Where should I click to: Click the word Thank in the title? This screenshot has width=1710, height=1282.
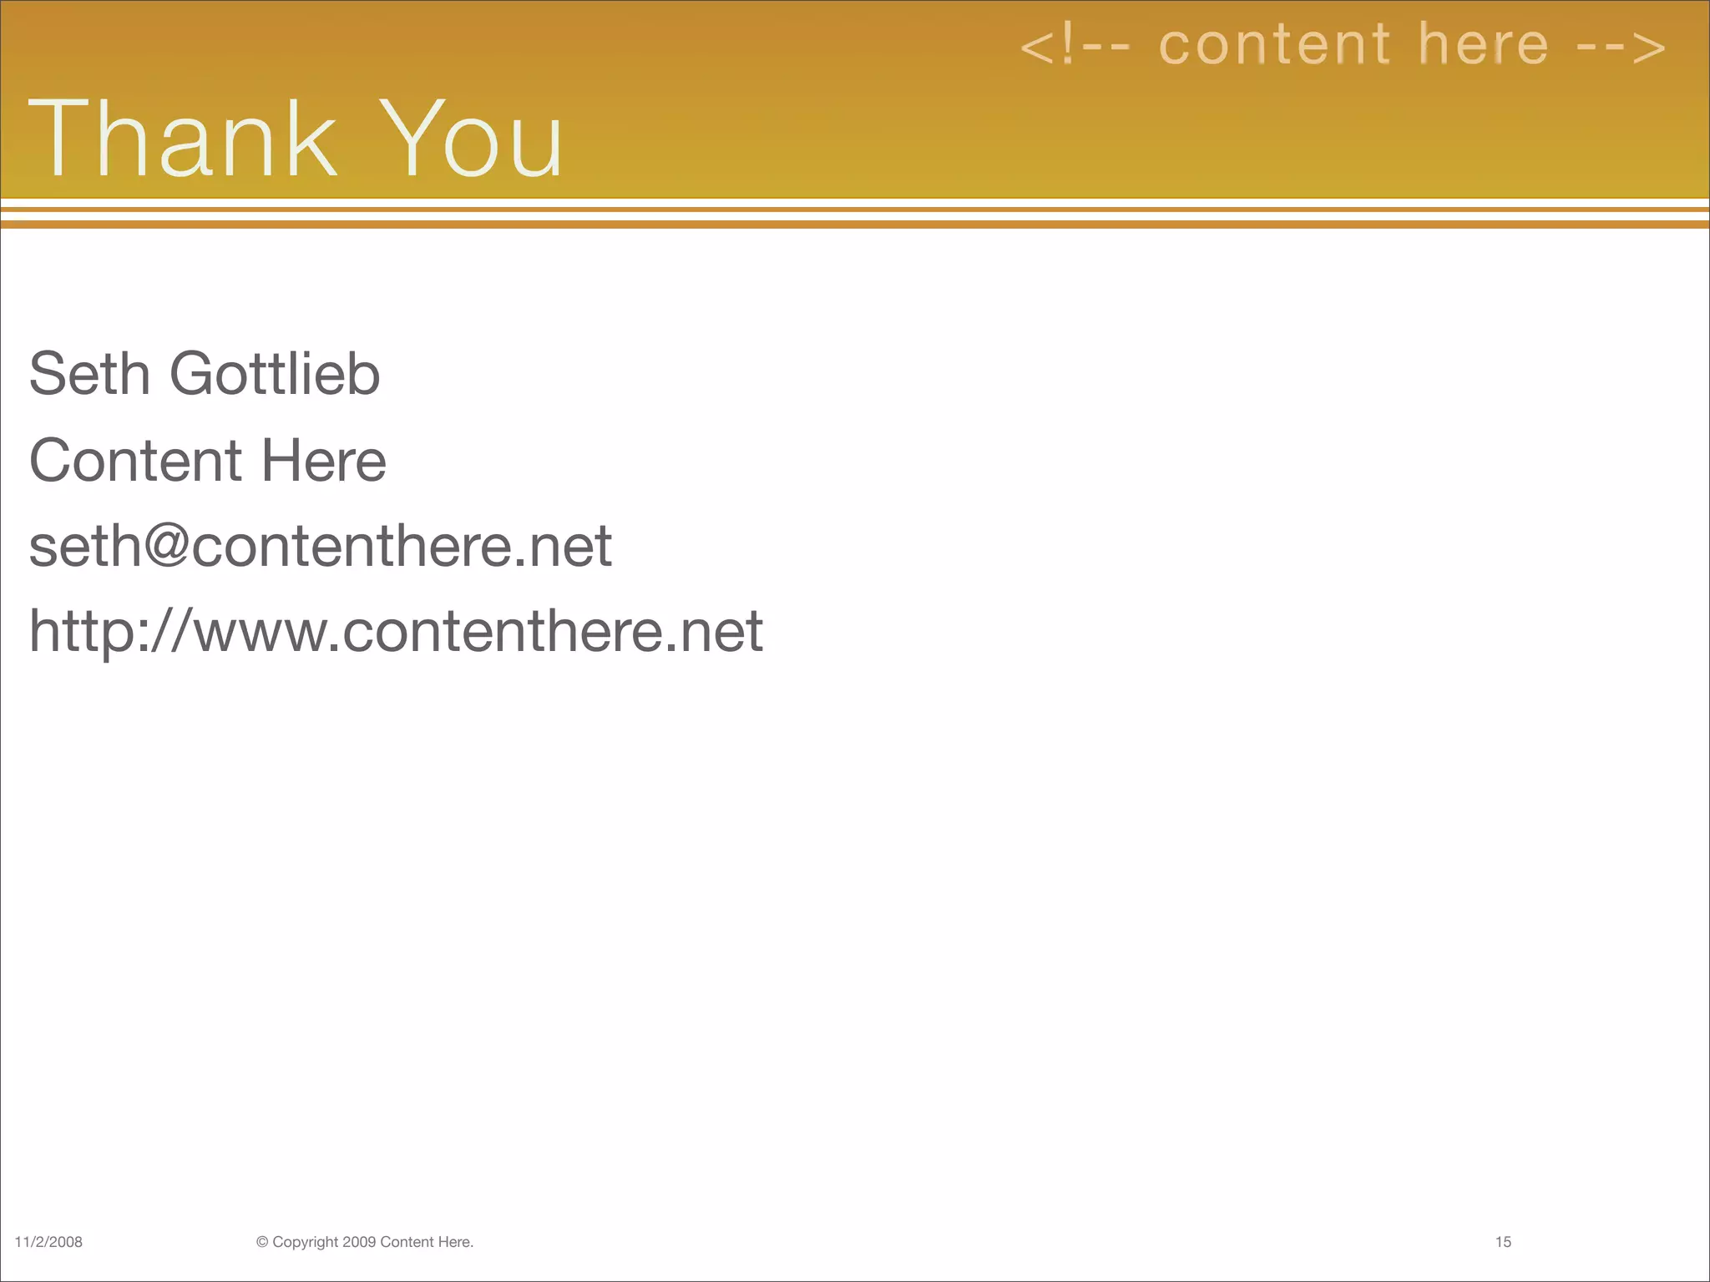(183, 139)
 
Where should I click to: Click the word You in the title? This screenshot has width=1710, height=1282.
(474, 139)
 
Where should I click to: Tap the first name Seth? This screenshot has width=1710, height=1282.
(89, 373)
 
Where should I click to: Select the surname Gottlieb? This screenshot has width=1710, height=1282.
(275, 373)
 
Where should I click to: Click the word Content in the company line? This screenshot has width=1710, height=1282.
(135, 460)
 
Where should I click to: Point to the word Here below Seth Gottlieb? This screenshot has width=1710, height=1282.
(323, 460)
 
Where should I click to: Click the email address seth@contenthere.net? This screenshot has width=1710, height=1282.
(321, 547)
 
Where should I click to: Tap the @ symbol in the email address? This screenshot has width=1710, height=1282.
(168, 547)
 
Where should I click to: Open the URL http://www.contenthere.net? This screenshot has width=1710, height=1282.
(396, 632)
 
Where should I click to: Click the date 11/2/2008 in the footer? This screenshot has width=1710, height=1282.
(48, 1242)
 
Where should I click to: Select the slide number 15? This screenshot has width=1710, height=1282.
(1503, 1242)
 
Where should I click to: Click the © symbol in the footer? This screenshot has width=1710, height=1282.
(262, 1242)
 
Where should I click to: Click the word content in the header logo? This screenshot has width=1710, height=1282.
(1275, 45)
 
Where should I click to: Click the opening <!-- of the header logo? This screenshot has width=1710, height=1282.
(1075, 47)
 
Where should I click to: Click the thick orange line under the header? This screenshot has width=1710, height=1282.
(855, 225)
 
